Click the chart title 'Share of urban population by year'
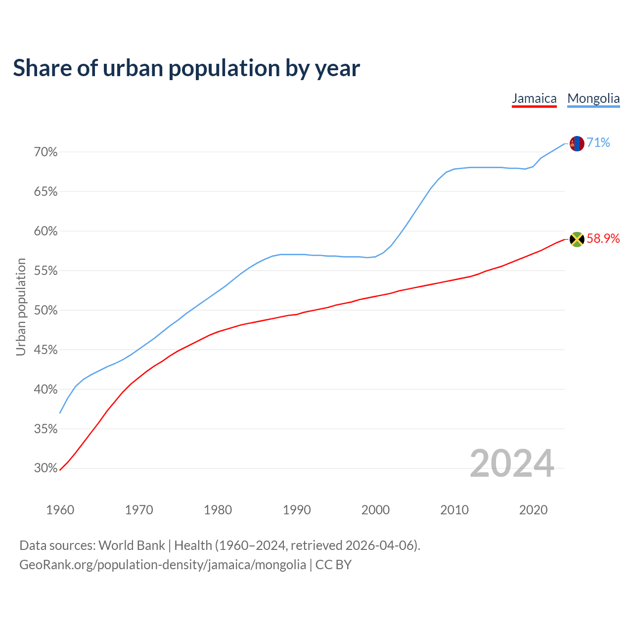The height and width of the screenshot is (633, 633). [x=186, y=68]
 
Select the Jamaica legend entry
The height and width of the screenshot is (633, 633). [x=534, y=98]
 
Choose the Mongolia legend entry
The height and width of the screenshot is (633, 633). [x=593, y=98]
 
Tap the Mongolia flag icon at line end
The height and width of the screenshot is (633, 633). [x=577, y=143]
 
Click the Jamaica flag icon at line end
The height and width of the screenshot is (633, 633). [x=577, y=239]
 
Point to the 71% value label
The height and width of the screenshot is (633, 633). [x=598, y=143]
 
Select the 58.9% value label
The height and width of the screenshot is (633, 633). [x=603, y=239]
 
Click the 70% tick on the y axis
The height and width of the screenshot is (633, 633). [x=45, y=152]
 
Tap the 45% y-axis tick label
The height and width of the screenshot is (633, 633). [x=45, y=350]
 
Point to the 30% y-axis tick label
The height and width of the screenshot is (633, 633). [x=45, y=468]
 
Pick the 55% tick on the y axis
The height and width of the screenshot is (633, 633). [x=45, y=271]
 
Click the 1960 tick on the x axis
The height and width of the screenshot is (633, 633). [x=60, y=510]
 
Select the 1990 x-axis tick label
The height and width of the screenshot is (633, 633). [x=297, y=510]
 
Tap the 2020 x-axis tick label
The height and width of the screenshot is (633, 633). [x=533, y=510]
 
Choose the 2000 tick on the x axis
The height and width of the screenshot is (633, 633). [x=375, y=510]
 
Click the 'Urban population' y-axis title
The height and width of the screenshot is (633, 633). [x=21, y=307]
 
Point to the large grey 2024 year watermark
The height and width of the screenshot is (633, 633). [x=512, y=463]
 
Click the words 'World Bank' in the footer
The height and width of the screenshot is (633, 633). [x=132, y=545]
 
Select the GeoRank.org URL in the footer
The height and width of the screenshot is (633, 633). [x=163, y=565]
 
